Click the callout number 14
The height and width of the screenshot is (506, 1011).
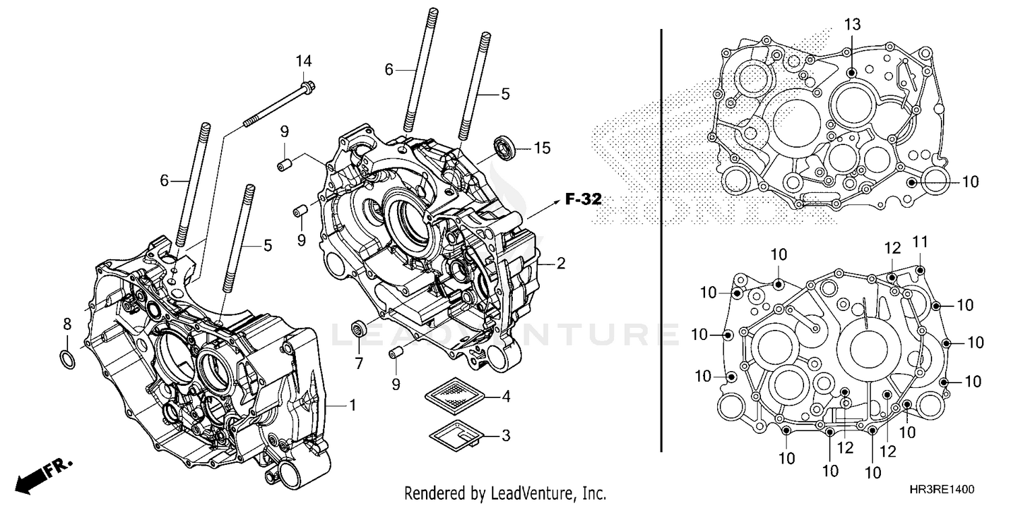point(304,61)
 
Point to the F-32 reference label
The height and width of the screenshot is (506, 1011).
point(583,199)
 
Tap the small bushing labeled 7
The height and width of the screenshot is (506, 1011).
point(360,329)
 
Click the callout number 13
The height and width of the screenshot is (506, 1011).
point(852,26)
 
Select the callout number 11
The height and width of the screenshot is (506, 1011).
point(921,242)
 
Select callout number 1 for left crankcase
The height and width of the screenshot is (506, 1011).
point(351,405)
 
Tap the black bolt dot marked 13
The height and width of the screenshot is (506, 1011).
point(852,72)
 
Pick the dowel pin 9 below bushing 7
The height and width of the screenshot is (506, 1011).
point(396,354)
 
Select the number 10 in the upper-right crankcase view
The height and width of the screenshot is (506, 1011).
point(969,181)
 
